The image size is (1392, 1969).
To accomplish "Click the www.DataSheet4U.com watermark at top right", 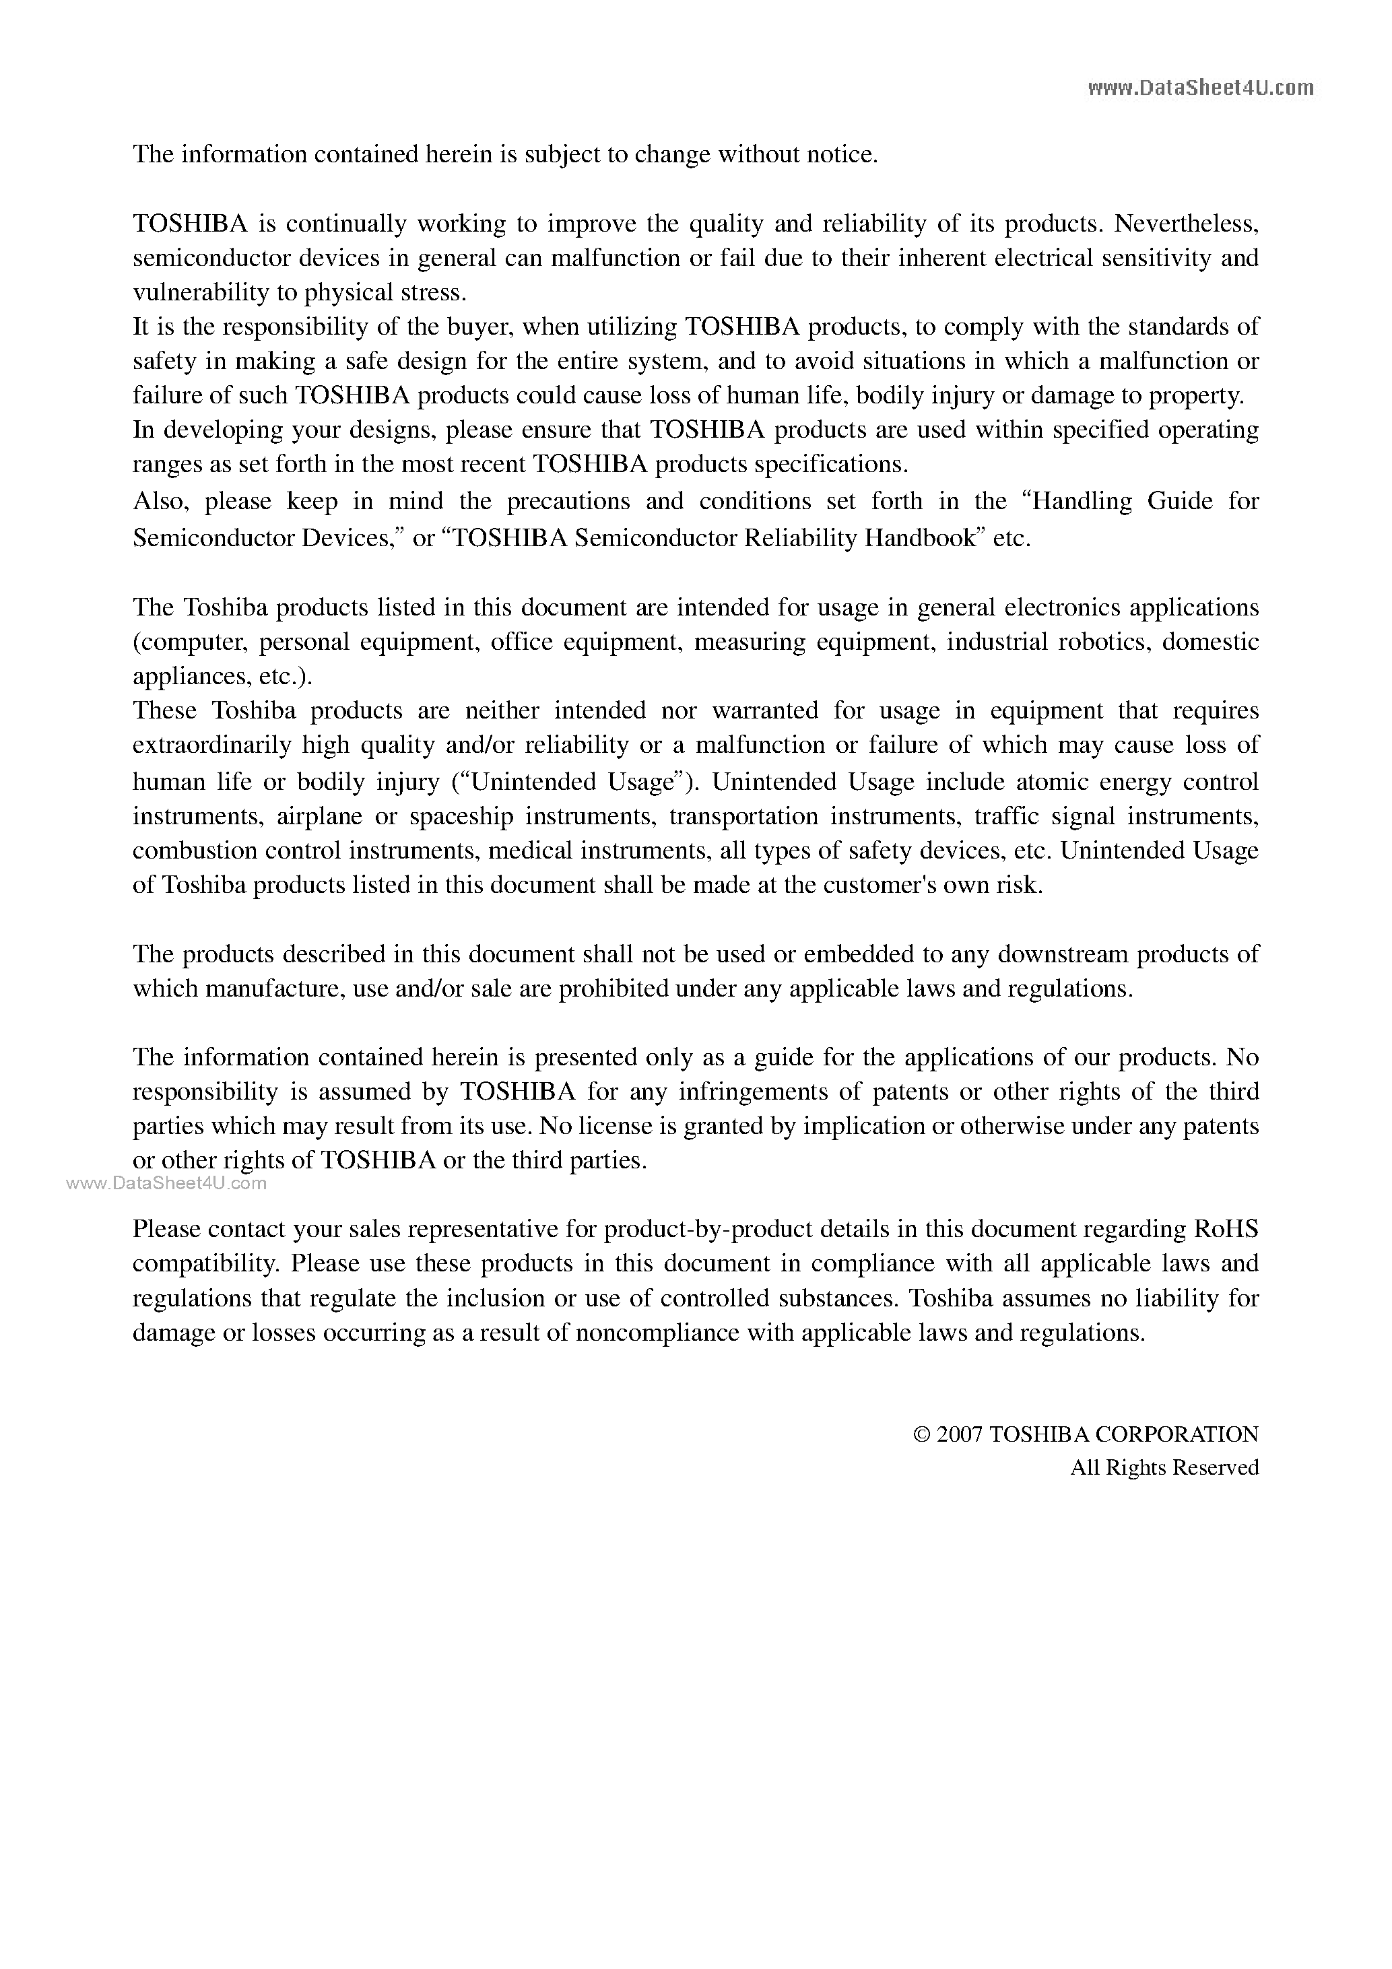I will [x=1200, y=88].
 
